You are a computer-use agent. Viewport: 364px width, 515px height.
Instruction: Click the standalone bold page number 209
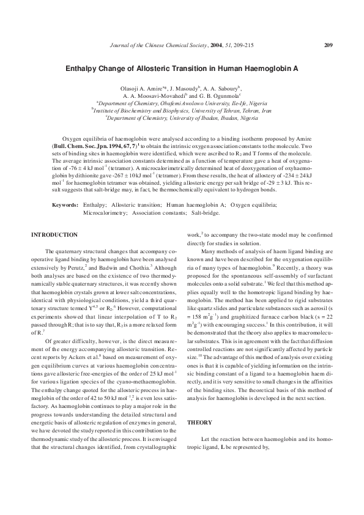pos(328,45)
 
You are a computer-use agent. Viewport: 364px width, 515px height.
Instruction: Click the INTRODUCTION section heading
pos(54,235)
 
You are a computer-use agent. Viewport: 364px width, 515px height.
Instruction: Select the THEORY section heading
pos(199,422)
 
